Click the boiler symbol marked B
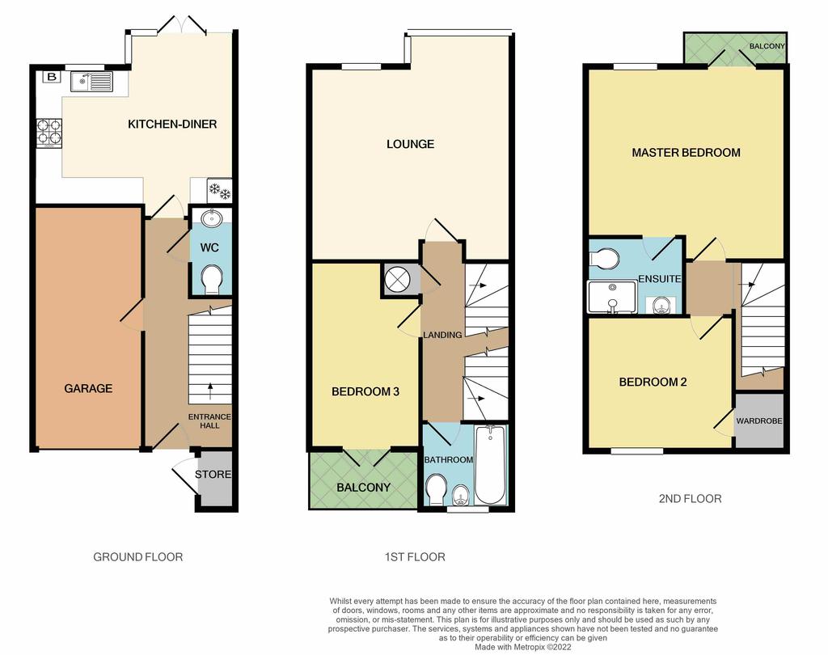point(52,77)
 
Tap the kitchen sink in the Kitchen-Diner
point(92,82)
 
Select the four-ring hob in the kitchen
point(49,133)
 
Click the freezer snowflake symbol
point(219,191)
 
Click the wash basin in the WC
point(211,218)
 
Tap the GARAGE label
point(88,389)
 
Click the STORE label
point(213,475)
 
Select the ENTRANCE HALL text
point(209,421)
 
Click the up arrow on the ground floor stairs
point(210,391)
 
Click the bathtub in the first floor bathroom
point(491,464)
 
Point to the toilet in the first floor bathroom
point(437,490)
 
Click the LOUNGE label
point(410,144)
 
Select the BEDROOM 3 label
point(365,392)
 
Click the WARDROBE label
point(759,421)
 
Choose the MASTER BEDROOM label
point(686,153)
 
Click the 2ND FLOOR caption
point(690,499)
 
